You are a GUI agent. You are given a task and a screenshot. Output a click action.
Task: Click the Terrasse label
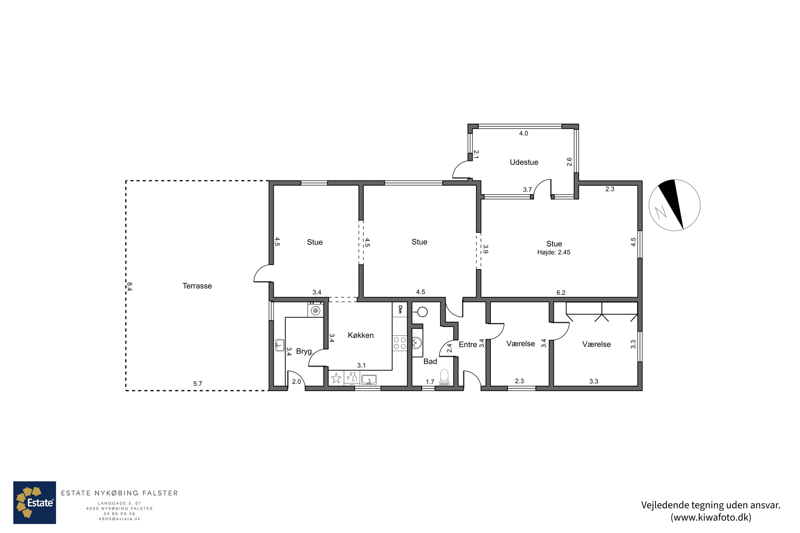[x=197, y=286]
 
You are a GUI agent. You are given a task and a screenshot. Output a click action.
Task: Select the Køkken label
[x=361, y=335]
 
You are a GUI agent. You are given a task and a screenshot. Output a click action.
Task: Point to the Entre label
[x=468, y=344]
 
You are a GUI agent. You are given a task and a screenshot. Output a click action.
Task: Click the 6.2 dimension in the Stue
[x=561, y=293]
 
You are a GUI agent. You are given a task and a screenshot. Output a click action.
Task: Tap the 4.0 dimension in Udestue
[x=523, y=134]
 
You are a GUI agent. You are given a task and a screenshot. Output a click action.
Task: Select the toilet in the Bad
[x=445, y=378]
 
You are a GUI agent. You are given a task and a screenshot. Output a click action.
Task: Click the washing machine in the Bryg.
[x=316, y=310]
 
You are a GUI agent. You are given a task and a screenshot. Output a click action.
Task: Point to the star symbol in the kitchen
[x=336, y=378]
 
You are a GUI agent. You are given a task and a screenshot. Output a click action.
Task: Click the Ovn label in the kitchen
[x=400, y=309]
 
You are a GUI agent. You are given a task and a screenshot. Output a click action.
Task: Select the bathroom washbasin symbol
[x=417, y=343]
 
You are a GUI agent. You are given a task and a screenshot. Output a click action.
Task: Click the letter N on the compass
[x=661, y=212]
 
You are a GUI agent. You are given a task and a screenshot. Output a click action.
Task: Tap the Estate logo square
[x=35, y=503]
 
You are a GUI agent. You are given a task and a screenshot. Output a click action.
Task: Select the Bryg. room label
[x=305, y=352]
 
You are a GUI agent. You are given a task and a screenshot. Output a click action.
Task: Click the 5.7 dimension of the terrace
[x=198, y=384]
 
